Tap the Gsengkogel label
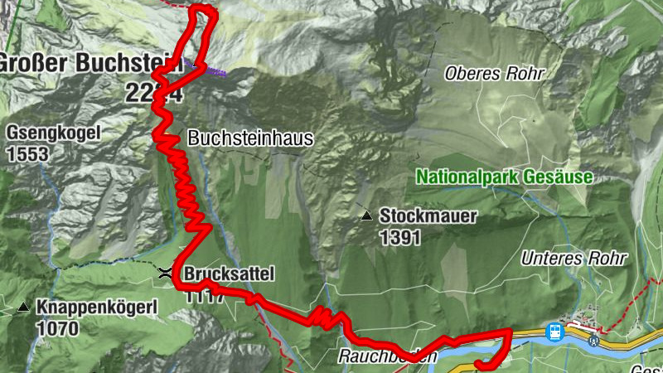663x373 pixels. (x=53, y=132)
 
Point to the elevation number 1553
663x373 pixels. (x=27, y=154)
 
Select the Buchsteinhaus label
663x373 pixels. (x=251, y=138)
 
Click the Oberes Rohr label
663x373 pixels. (x=494, y=73)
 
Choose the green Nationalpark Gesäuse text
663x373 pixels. (x=504, y=177)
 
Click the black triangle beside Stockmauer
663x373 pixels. (x=366, y=216)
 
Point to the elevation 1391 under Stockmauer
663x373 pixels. (x=400, y=238)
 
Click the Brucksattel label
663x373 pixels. (x=229, y=274)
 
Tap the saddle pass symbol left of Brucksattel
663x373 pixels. (x=166, y=272)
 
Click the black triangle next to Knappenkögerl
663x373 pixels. (x=22, y=308)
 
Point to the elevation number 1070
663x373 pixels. (x=57, y=329)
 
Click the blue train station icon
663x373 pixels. (x=554, y=332)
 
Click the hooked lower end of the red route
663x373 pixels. (x=482, y=364)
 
